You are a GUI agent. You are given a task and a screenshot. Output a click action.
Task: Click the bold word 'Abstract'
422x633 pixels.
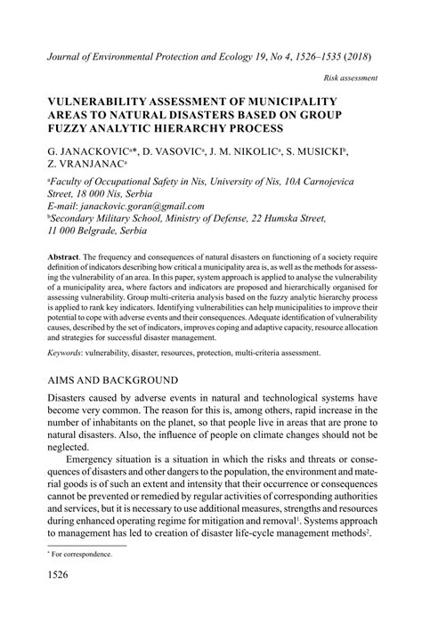pos(67,255)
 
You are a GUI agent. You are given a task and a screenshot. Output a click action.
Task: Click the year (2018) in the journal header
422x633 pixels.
pos(353,54)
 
